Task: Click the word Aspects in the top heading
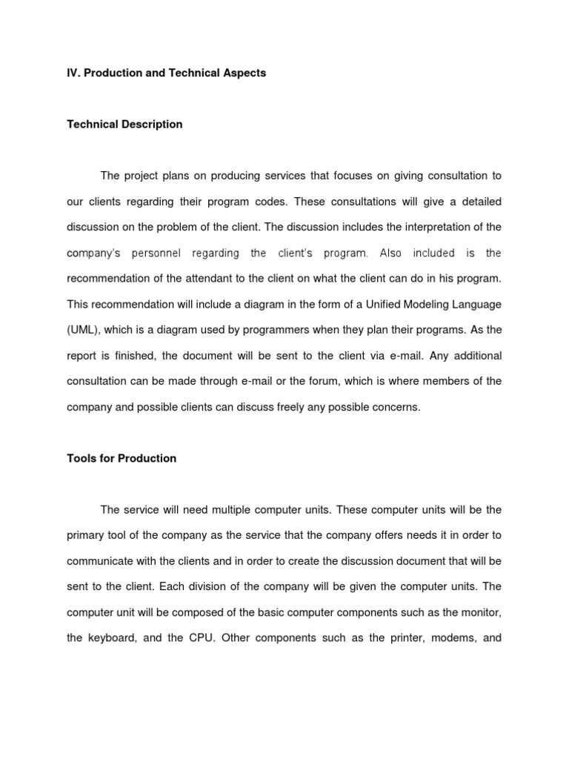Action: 241,73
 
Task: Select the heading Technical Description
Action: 124,125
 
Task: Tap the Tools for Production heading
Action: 122,458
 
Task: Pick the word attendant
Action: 241,279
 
